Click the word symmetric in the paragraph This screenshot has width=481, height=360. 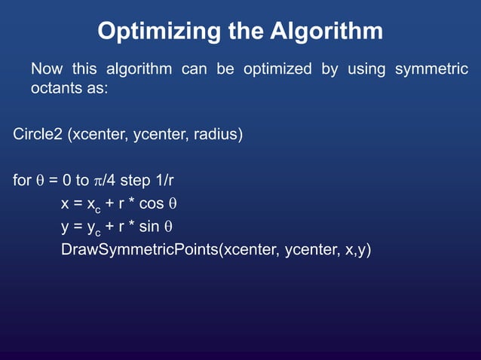[x=430, y=69]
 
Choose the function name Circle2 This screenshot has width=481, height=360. [x=38, y=136]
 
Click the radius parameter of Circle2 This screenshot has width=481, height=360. [x=216, y=136]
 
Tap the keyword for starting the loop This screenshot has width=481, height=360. [x=22, y=182]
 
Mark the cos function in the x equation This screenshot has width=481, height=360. [x=151, y=204]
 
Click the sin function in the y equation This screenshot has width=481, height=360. [x=150, y=227]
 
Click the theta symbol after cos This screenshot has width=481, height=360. [x=171, y=204]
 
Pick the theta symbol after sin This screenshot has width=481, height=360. [x=169, y=227]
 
